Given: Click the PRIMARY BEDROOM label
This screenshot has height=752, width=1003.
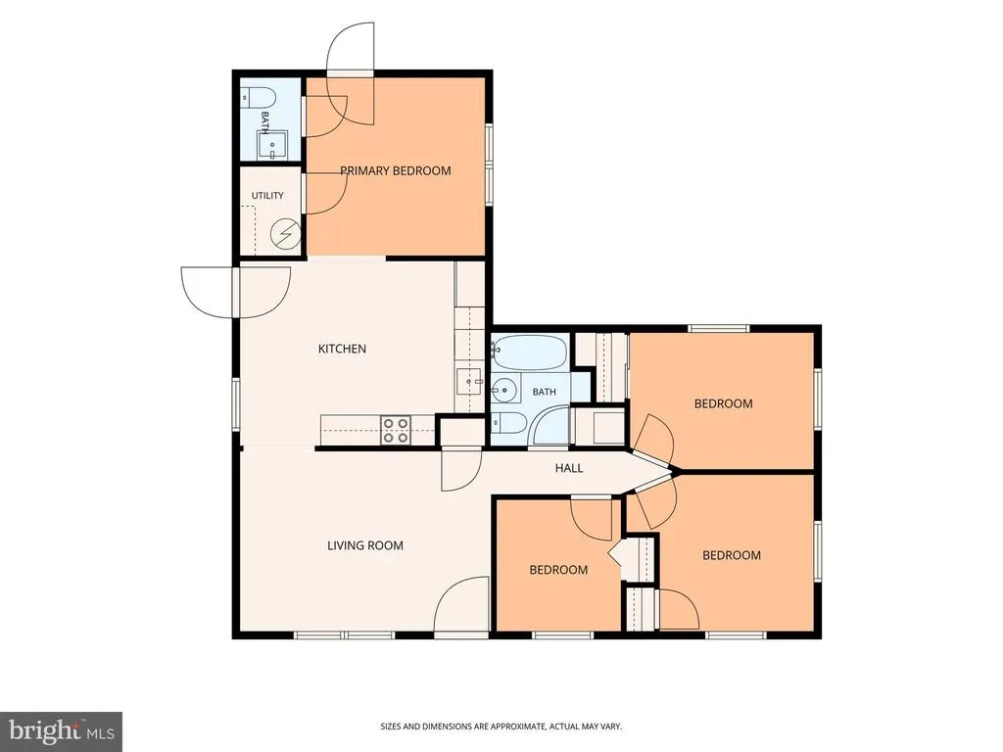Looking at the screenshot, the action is pos(396,170).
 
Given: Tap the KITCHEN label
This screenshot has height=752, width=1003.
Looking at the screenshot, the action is pos(342,349).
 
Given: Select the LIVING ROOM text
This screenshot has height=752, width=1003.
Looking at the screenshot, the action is pos(365,545).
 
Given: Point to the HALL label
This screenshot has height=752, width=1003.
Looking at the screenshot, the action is pos(569,468).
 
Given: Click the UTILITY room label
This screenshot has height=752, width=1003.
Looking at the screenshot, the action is pos(267,196).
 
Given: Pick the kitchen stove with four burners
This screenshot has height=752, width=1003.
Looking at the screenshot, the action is pos(396,431).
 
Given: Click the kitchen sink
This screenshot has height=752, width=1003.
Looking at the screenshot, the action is pos(470,383).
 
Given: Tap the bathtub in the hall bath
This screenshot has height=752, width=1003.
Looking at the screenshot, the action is pos(530,352).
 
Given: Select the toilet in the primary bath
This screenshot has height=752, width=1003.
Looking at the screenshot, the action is pos(259,98).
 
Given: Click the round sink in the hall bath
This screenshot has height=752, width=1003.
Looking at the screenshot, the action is pos(504,389).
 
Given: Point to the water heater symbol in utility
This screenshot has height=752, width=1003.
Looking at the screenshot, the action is pos(286,234).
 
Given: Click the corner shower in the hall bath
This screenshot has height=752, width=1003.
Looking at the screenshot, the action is pos(550,425).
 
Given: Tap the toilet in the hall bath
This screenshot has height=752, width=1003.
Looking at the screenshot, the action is pos(508,423).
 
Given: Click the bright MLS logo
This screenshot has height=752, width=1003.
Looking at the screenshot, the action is pos(62,730).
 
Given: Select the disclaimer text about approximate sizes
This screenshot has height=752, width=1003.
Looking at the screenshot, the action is pos(501,727).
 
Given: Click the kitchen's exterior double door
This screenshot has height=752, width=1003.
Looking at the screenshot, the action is pos(236,292).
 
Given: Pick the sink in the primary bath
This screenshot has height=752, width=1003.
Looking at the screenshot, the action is pos(272,146).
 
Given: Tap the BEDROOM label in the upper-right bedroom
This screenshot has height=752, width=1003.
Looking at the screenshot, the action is pos(724,403).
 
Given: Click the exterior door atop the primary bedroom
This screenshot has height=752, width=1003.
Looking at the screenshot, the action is pos(350,73).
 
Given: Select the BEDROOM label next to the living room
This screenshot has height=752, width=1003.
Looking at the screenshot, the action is pos(558,570).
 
